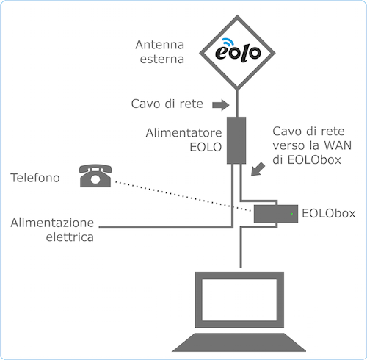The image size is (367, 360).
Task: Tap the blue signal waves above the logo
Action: (227, 42)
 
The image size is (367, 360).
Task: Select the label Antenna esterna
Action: (160, 52)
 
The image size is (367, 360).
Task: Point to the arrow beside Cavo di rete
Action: (221, 105)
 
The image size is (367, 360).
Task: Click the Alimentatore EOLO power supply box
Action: (236, 140)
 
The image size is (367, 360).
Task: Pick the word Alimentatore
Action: (183, 133)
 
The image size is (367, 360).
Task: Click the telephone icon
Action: (95, 176)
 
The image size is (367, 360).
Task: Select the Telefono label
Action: (35, 178)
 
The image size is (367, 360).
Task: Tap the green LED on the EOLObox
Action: (292, 214)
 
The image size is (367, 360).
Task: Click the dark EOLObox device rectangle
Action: (276, 214)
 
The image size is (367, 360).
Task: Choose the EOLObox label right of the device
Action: (329, 213)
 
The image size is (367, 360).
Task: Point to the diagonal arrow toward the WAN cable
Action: (258, 169)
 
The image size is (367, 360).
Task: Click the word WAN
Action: (338, 145)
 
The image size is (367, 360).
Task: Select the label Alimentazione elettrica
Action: (52, 230)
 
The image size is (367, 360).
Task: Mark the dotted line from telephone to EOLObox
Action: (183, 196)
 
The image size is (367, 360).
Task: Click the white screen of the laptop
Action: (239, 300)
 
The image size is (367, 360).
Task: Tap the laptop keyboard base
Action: (239, 342)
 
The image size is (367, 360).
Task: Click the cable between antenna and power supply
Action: (237, 103)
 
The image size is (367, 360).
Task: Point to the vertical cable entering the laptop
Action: (241, 248)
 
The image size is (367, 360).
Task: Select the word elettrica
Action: (70, 237)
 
